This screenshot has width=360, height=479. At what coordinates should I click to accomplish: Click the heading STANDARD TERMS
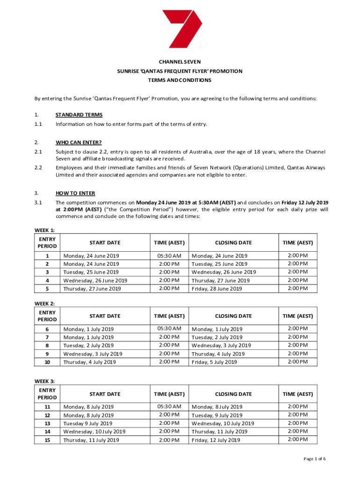(x=79, y=115)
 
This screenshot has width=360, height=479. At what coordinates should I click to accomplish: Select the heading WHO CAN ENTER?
(x=79, y=142)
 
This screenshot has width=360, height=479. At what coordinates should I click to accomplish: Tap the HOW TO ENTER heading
(x=75, y=193)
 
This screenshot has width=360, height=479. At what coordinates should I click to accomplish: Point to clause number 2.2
(x=38, y=167)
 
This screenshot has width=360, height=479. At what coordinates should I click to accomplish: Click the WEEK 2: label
(x=45, y=304)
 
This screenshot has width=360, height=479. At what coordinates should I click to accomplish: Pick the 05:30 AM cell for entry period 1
(x=169, y=256)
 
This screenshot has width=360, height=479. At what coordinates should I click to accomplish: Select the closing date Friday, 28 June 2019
(x=217, y=289)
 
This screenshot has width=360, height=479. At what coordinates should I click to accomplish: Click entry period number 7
(x=47, y=337)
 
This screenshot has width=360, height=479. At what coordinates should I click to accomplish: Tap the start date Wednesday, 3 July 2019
(x=93, y=354)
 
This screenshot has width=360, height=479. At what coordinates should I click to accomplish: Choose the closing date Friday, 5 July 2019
(x=214, y=363)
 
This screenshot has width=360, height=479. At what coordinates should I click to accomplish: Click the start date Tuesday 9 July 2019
(x=88, y=423)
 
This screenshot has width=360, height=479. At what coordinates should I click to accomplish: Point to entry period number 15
(x=47, y=440)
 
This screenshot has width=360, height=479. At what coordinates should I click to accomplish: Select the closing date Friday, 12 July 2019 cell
(x=216, y=441)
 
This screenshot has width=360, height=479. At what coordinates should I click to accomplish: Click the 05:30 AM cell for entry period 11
(x=169, y=406)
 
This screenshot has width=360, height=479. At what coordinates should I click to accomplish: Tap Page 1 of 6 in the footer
(x=315, y=459)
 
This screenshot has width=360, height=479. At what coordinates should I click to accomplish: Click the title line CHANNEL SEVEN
(x=180, y=62)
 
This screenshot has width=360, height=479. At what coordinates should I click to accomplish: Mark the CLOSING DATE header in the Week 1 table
(x=233, y=243)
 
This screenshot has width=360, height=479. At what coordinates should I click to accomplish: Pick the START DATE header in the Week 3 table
(x=105, y=394)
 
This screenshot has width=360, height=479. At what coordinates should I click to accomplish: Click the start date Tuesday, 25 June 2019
(x=91, y=272)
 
